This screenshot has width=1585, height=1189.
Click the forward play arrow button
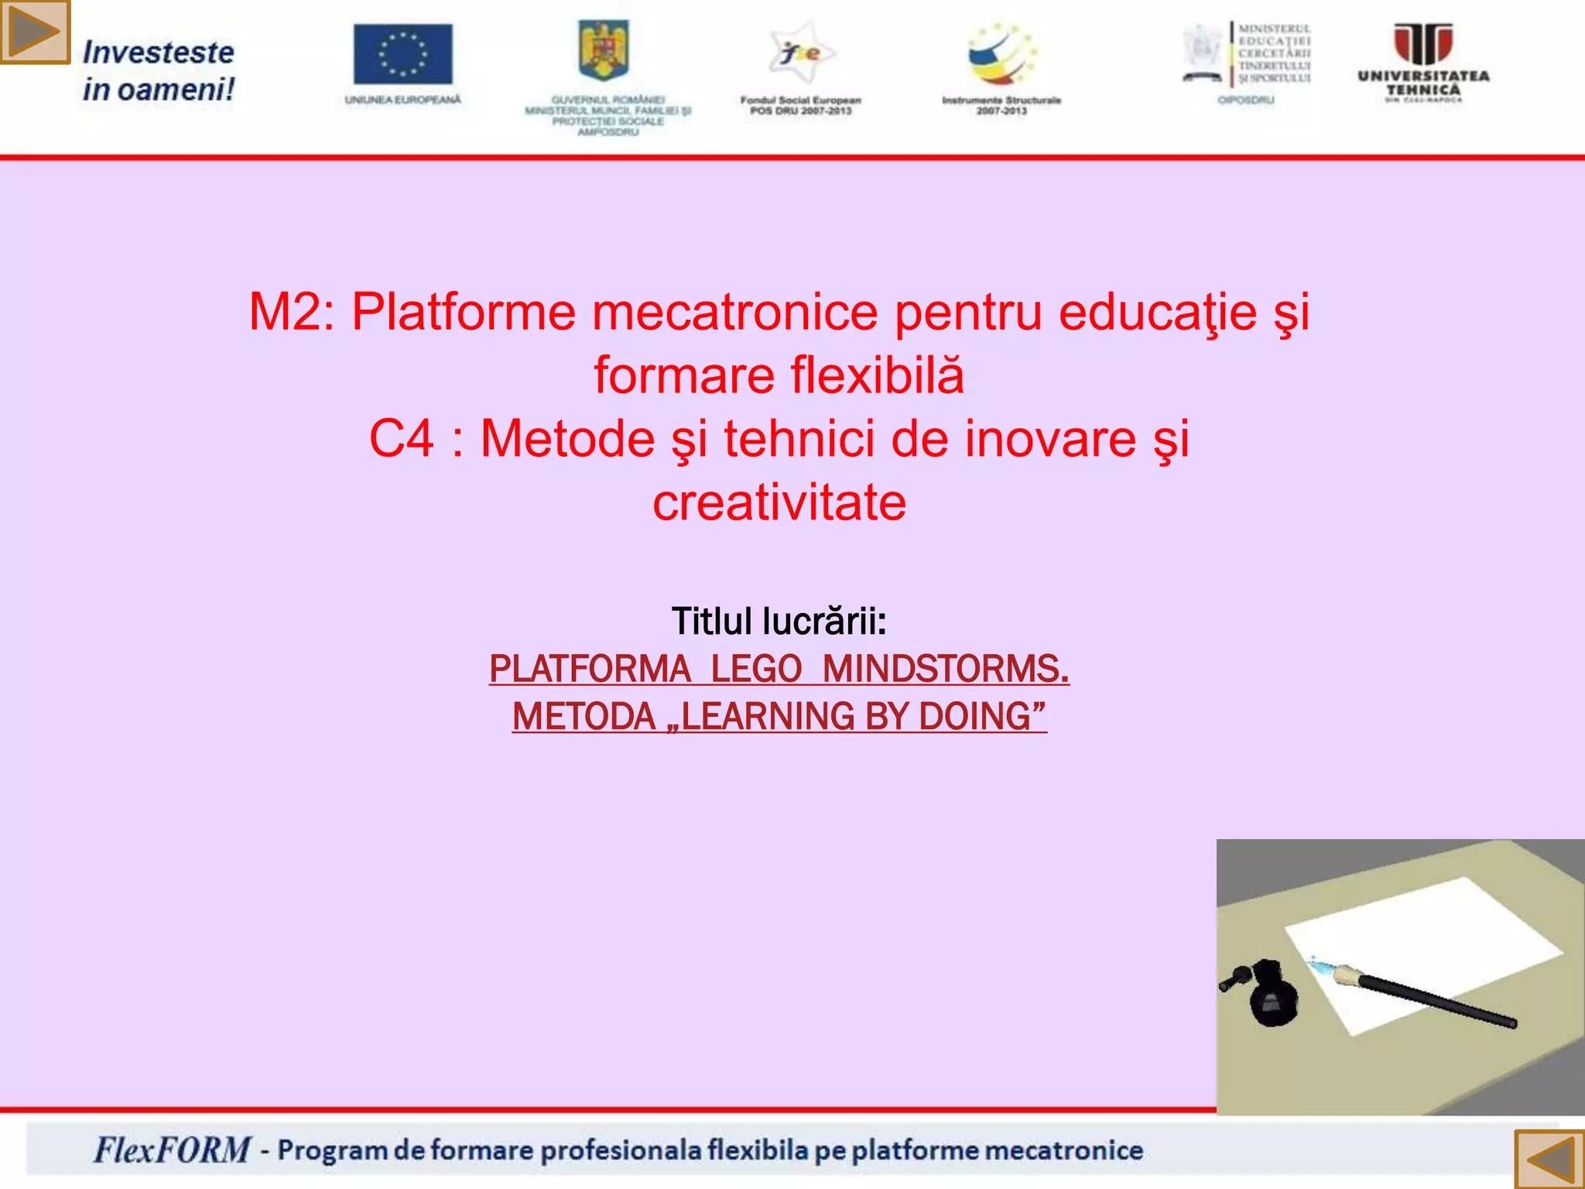tap(35, 32)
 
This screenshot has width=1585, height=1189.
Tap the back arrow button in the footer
tap(1549, 1159)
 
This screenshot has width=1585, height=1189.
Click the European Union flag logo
tap(402, 54)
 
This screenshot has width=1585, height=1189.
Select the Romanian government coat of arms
tap(604, 50)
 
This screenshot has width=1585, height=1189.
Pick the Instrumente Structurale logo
tap(1001, 54)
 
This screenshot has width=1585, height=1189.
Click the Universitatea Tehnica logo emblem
tap(1422, 45)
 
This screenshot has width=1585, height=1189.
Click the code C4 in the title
tap(401, 439)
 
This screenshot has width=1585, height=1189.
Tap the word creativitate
tap(779, 503)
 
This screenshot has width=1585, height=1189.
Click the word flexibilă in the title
tap(877, 376)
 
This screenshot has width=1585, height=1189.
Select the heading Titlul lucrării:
tap(779, 622)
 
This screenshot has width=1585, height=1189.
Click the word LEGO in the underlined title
tap(756, 669)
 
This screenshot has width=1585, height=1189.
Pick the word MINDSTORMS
tap(946, 669)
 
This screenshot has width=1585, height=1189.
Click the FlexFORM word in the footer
tap(172, 1150)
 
